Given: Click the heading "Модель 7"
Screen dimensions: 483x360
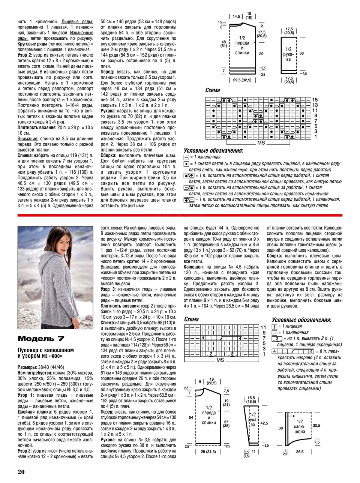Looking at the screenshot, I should [41, 339].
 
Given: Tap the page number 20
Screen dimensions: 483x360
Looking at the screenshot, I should [21, 472].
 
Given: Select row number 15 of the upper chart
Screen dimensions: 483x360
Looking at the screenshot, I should [315, 100].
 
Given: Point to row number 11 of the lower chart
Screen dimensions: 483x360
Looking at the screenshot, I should [263, 327].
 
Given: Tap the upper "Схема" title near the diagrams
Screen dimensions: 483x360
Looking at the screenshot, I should [213, 90].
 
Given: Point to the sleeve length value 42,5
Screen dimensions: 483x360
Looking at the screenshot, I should [264, 423].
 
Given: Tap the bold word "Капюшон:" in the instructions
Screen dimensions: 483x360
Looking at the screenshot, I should [193, 267].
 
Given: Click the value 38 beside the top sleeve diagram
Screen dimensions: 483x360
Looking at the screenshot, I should [301, 53].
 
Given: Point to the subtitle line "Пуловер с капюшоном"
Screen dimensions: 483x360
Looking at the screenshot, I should [46, 350].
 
